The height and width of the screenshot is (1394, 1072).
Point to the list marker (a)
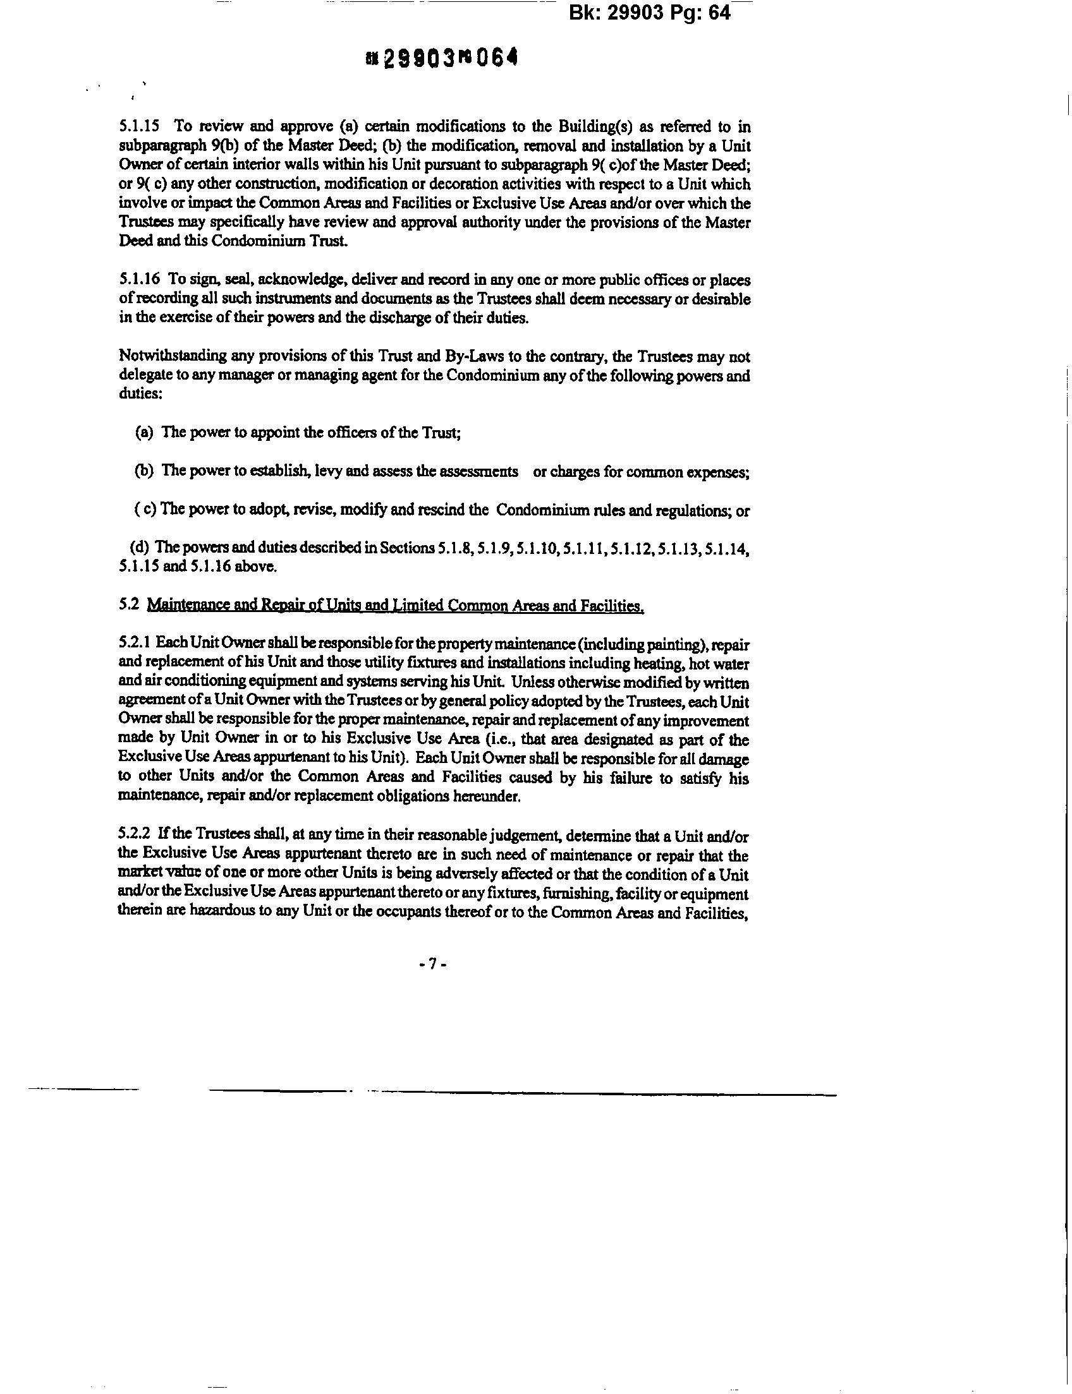point(144,433)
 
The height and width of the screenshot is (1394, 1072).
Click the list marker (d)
point(140,547)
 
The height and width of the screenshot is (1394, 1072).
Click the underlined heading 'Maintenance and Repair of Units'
point(395,606)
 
